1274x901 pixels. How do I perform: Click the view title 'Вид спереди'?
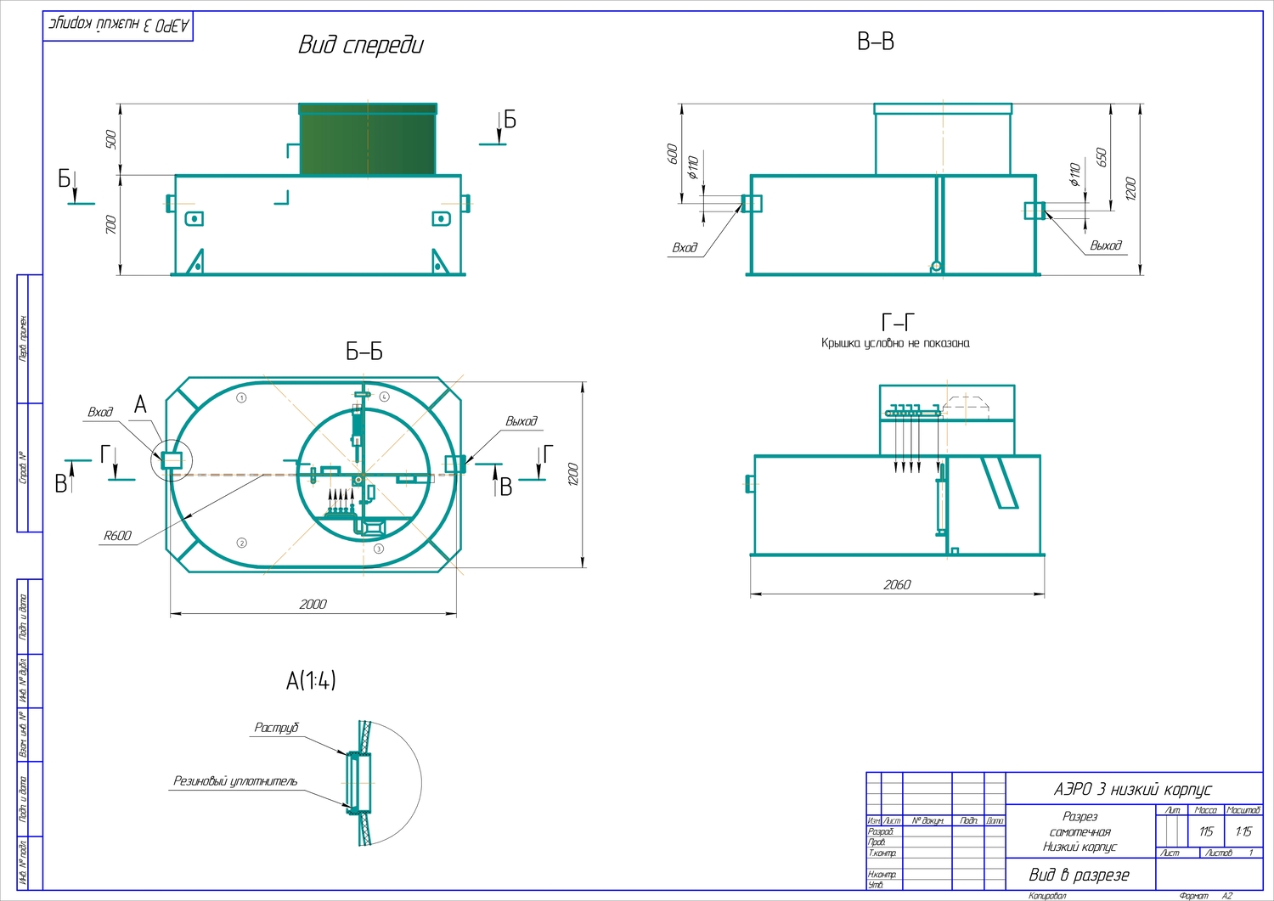[x=360, y=45]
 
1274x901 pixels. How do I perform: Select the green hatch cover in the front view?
[x=368, y=142]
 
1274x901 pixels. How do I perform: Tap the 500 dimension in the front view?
[x=110, y=139]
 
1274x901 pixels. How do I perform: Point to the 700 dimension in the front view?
[x=110, y=225]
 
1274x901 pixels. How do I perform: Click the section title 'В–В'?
[x=875, y=42]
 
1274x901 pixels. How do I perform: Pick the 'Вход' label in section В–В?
[x=685, y=248]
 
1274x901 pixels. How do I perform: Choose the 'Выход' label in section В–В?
[x=1106, y=245]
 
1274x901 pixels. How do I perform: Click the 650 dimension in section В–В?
[x=1102, y=157]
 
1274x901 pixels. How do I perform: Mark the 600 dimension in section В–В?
[x=673, y=154]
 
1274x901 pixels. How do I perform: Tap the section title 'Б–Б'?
[x=364, y=352]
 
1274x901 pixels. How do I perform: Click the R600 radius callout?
[x=117, y=536]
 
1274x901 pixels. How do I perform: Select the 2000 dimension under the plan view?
[x=313, y=604]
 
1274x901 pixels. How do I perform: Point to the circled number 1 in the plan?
[x=242, y=397]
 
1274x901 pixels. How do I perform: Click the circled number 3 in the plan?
[x=379, y=549]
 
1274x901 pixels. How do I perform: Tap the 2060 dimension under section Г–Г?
[x=897, y=584]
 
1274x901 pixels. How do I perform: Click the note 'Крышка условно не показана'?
[x=895, y=343]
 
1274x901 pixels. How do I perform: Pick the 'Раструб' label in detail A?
[x=277, y=728]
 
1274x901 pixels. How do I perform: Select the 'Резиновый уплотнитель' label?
[x=235, y=781]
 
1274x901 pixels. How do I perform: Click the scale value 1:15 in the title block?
[x=1243, y=831]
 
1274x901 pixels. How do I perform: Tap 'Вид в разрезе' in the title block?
[x=1079, y=875]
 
